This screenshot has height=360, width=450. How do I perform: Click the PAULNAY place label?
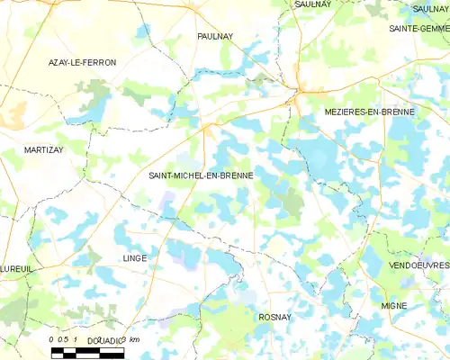215,36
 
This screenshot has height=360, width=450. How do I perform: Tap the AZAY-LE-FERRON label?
82,62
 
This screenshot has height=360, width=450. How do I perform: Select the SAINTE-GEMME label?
418,29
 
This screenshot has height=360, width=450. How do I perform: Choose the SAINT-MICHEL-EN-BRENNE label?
201,175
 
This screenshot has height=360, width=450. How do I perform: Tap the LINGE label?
133,257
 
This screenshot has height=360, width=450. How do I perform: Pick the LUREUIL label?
16,268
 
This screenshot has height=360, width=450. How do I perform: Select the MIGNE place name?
393,306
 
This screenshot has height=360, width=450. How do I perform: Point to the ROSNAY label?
274,317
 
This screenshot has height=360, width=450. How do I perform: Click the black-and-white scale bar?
87,352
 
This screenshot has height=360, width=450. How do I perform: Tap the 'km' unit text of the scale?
134,339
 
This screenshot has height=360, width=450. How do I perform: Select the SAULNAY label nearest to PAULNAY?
312,4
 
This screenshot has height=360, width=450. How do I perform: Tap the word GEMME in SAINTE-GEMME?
435,29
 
